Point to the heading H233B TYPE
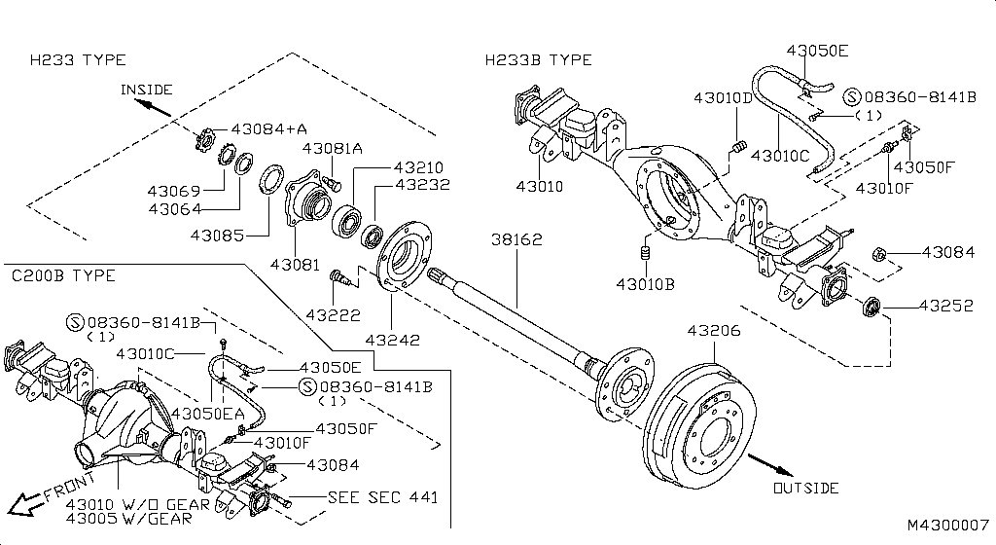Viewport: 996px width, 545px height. coord(539,60)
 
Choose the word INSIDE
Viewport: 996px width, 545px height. coord(146,90)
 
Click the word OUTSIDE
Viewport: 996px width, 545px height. coord(806,488)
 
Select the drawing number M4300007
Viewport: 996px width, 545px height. coord(947,525)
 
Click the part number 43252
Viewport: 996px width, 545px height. coord(947,305)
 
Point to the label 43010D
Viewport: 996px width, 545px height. coord(724,98)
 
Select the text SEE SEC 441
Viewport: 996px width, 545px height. coord(383,496)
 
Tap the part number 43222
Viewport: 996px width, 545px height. coord(333,315)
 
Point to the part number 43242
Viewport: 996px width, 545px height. coord(393,340)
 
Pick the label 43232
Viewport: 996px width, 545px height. coord(421,184)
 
